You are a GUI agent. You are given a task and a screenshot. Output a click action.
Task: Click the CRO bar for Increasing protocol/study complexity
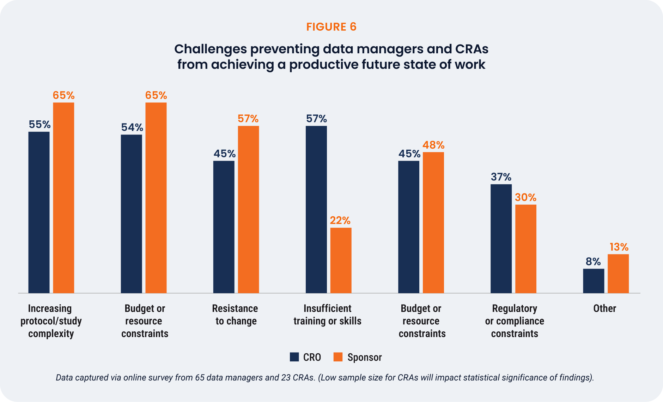(x=39, y=212)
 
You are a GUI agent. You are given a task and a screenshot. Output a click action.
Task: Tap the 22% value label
(x=340, y=221)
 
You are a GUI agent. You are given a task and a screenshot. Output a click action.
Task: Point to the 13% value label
(x=619, y=247)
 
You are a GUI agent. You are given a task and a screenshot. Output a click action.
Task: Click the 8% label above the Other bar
(x=593, y=262)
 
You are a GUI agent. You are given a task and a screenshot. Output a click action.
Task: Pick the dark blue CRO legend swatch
(x=294, y=357)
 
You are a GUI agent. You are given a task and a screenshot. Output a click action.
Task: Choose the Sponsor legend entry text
(x=365, y=357)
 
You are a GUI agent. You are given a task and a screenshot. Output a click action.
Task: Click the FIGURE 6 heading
(x=331, y=27)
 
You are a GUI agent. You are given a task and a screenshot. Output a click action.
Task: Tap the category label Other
(x=604, y=308)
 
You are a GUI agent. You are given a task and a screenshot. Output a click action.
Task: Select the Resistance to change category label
(x=235, y=315)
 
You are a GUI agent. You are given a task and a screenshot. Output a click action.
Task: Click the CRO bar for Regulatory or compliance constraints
(x=501, y=238)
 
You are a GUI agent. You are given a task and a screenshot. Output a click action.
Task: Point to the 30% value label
(x=525, y=197)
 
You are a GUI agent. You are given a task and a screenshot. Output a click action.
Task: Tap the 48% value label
(x=433, y=145)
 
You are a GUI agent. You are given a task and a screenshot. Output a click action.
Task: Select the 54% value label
(x=132, y=127)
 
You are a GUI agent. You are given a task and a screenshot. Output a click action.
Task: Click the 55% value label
(x=39, y=125)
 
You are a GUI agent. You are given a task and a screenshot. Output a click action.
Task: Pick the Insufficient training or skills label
(x=328, y=315)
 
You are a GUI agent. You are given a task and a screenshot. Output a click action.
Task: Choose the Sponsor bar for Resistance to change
(x=248, y=209)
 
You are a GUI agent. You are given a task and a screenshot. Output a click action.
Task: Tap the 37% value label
(x=501, y=177)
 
